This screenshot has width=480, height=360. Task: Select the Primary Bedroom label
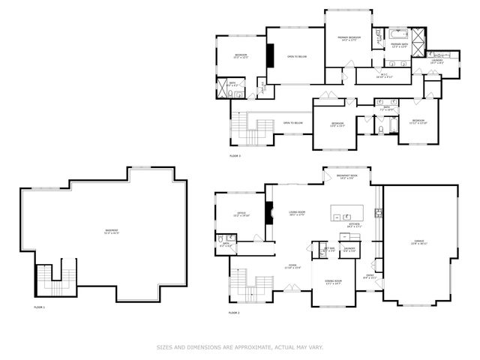tap(349, 38)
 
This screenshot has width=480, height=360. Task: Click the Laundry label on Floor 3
tap(436, 61)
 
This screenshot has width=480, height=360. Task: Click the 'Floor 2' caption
tap(235, 312)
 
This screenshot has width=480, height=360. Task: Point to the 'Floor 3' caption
tap(235, 156)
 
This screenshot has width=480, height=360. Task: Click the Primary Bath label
tap(398, 46)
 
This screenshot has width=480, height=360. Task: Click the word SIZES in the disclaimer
tap(164, 346)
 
